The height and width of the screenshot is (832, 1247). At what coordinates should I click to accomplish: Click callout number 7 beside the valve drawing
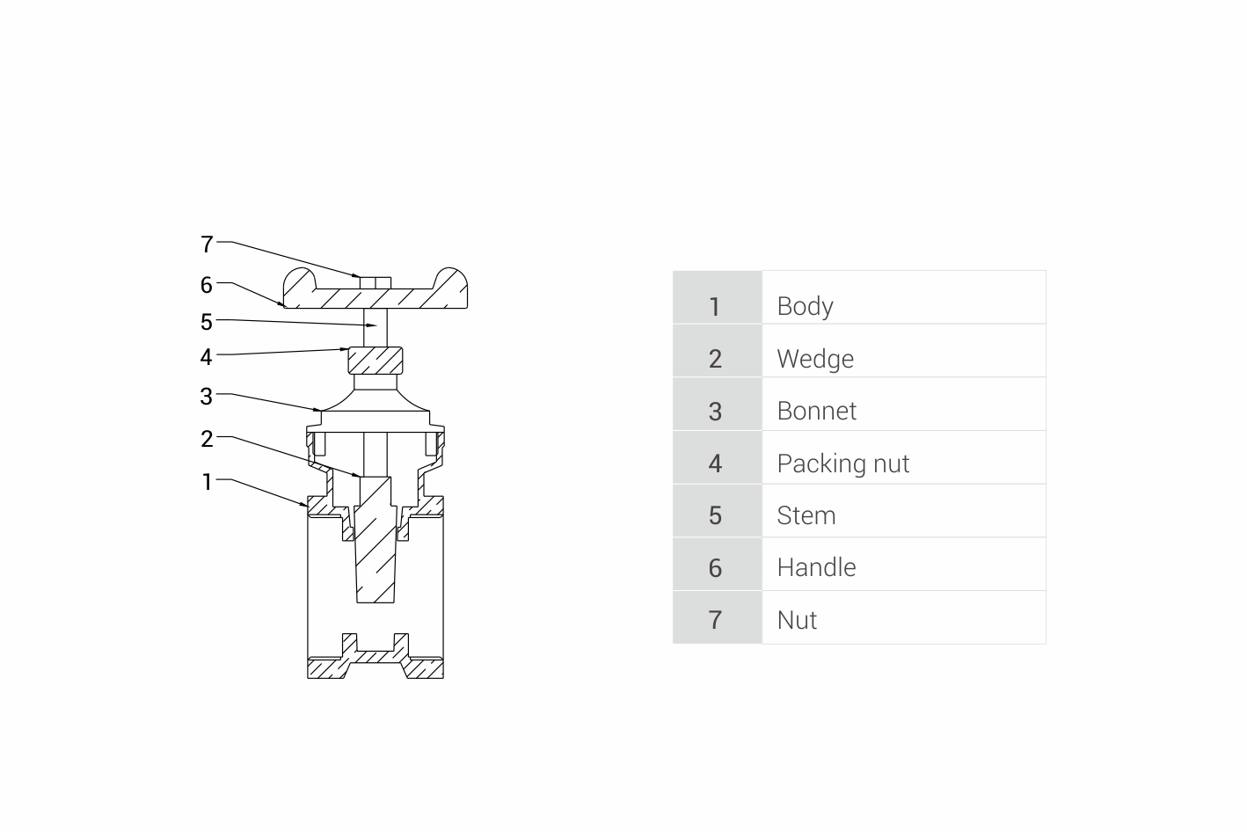tap(207, 244)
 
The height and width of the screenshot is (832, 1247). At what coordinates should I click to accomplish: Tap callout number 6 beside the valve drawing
tap(207, 285)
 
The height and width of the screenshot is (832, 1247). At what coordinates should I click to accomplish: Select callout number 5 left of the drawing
tap(207, 322)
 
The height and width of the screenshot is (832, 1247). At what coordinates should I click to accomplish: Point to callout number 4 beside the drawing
tap(207, 357)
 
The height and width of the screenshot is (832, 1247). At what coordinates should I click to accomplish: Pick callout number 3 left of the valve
tap(207, 397)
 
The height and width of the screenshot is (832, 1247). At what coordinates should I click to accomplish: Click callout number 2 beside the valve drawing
tap(207, 440)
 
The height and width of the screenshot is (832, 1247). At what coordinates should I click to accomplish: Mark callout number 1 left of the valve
tap(207, 482)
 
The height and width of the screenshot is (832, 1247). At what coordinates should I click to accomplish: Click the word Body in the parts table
tap(805, 306)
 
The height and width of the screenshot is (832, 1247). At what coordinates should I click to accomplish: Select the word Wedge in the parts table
tap(815, 359)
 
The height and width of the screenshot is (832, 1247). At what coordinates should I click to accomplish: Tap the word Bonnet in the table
tap(817, 411)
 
